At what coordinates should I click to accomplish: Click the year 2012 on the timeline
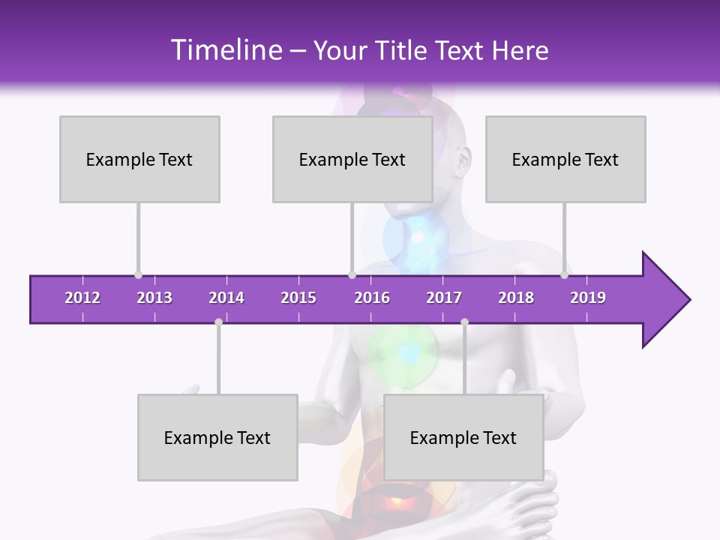[82, 298]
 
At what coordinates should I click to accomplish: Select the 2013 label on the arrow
[154, 298]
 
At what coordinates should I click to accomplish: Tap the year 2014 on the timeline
[226, 298]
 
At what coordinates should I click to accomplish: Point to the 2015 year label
[298, 298]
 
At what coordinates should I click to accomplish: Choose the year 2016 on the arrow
[372, 298]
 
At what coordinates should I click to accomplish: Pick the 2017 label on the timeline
[444, 298]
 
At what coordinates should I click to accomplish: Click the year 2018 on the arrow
[516, 298]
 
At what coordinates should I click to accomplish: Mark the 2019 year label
[588, 298]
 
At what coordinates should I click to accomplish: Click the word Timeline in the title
[225, 50]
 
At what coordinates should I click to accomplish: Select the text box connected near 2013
[139, 159]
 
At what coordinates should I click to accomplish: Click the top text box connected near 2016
[352, 159]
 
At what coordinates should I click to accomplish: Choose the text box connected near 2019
[565, 159]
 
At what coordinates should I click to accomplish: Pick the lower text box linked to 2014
[217, 437]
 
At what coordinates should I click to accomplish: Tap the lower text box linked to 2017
[463, 437]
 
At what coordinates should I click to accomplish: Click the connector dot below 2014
[218, 322]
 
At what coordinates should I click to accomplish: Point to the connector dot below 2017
[464, 322]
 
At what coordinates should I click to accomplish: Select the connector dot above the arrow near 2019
[565, 275]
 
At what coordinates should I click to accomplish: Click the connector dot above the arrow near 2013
[139, 275]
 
